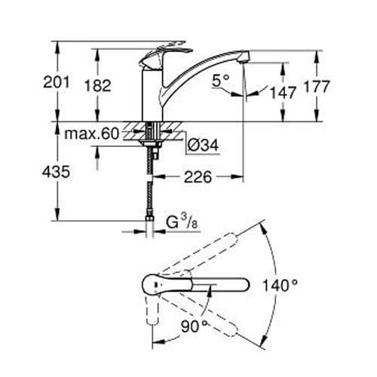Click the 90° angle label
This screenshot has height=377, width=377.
[x=193, y=326]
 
